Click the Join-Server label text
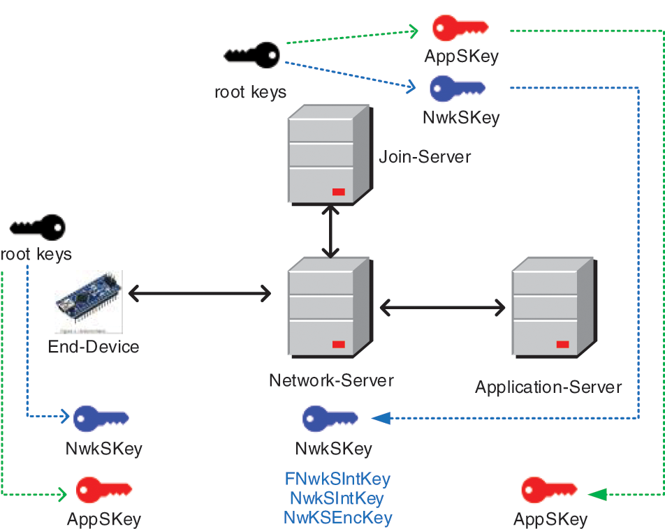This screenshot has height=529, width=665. [x=425, y=156]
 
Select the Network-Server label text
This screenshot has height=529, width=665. [x=331, y=380]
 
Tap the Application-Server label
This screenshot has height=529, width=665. [x=548, y=387]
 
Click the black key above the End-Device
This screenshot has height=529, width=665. [x=38, y=228]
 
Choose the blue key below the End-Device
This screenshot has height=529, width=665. [x=101, y=418]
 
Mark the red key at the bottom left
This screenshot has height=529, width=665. [x=103, y=490]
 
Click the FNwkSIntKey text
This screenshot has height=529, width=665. [x=337, y=479]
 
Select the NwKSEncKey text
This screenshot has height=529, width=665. [x=337, y=517]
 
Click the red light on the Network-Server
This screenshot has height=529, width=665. [x=338, y=344]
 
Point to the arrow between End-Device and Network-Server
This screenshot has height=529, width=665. [x=200, y=294]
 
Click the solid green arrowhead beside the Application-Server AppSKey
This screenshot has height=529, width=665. [x=598, y=495]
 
